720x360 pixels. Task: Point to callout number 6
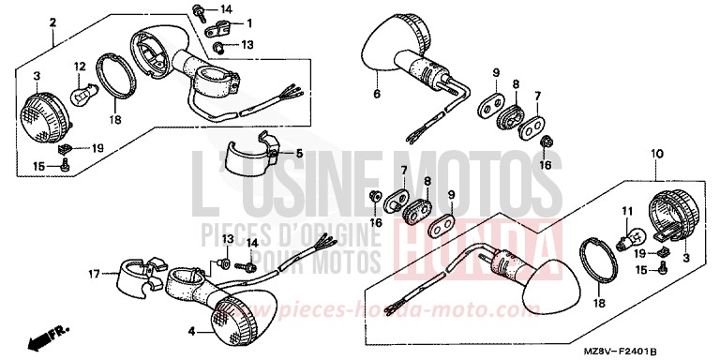point(377,94)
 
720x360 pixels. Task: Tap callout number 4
point(192,330)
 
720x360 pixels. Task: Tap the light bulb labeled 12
point(84,92)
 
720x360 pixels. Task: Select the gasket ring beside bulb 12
point(115,80)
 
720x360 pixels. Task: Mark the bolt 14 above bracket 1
point(200,11)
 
